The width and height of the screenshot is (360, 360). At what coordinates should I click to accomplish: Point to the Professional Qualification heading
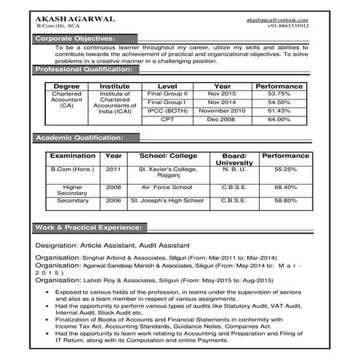click(x=84, y=69)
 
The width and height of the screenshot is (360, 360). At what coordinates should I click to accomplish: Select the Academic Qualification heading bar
click(x=80, y=137)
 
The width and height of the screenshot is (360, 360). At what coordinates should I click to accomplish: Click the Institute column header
click(x=114, y=86)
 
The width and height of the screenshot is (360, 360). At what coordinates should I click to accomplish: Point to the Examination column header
click(x=72, y=156)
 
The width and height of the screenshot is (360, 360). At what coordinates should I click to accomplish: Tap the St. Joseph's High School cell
click(x=167, y=200)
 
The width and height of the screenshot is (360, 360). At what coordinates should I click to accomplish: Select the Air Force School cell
click(x=167, y=187)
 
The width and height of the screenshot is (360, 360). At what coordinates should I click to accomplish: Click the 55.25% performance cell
click(x=286, y=169)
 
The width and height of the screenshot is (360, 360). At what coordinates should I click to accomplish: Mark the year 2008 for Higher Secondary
click(x=113, y=187)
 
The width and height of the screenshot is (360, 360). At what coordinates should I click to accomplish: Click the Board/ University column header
click(x=233, y=159)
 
